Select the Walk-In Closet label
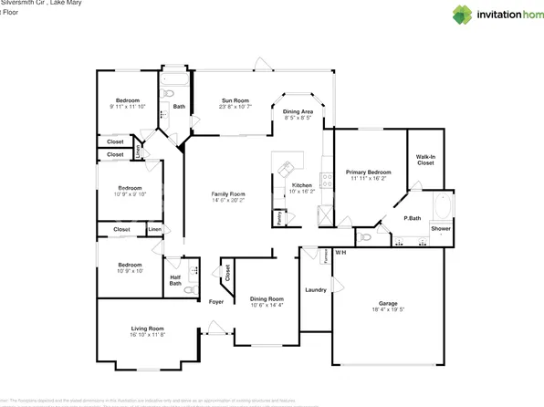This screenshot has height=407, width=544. pos(425,161)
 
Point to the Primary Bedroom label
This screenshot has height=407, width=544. pos(368,172)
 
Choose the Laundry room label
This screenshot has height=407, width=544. pos(316,290)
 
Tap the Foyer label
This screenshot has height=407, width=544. pos(216,301)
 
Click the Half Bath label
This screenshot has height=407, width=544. pos(175,279)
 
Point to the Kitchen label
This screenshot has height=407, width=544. pos(302,185)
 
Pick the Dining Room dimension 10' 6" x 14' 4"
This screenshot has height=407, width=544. pos(267,305)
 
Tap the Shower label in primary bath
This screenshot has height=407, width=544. pos(441,228)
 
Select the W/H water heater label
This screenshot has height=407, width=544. pos(340,252)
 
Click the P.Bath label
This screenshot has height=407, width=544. pos(412,218)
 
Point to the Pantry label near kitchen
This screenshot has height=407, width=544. pos(277,218)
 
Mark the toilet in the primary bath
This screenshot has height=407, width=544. pos(365,237)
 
